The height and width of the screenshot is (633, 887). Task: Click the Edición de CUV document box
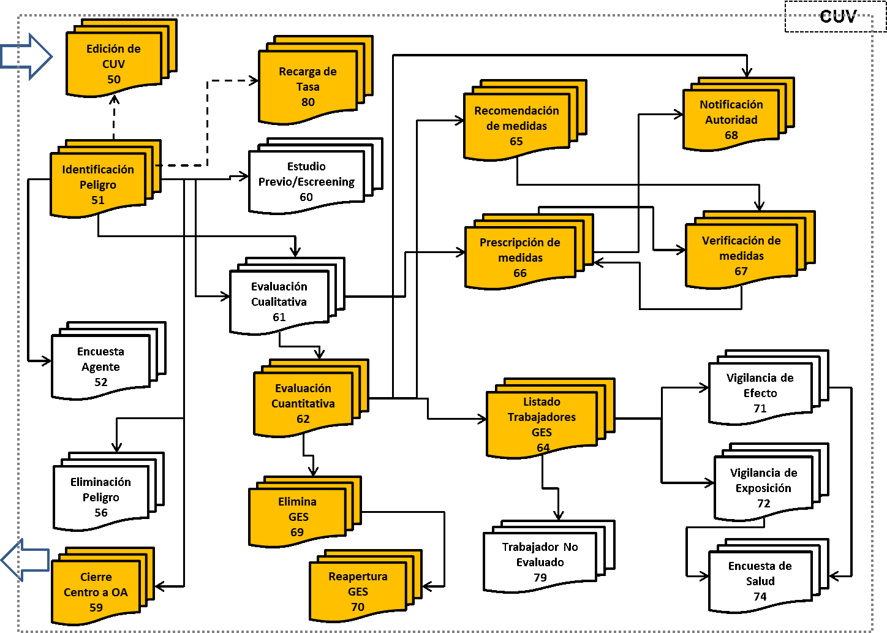[x=114, y=64]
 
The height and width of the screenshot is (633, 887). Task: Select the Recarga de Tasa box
[x=308, y=86]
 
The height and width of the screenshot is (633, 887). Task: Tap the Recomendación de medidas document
[x=516, y=126]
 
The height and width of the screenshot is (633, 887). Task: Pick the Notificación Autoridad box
[x=731, y=119]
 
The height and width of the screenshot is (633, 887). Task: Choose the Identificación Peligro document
[x=98, y=184]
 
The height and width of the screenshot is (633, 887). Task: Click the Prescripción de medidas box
[x=520, y=257]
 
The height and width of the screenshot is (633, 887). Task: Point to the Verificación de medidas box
[x=741, y=256]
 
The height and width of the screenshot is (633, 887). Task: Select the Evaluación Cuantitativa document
[x=303, y=403]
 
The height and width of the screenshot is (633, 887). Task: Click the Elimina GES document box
[x=297, y=517]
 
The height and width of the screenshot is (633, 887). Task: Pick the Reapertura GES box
[x=358, y=591]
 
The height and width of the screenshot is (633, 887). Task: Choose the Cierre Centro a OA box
[x=96, y=592]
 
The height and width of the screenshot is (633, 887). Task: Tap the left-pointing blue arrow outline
[x=26, y=559]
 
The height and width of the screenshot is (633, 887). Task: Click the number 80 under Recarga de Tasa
[x=308, y=102]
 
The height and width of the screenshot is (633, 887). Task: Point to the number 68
[x=731, y=135]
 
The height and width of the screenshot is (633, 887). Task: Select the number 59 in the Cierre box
[x=96, y=607]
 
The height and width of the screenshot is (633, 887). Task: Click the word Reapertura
[x=358, y=577]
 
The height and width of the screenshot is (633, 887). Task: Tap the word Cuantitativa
[x=303, y=404]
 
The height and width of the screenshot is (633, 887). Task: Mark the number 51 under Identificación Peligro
[x=98, y=200]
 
